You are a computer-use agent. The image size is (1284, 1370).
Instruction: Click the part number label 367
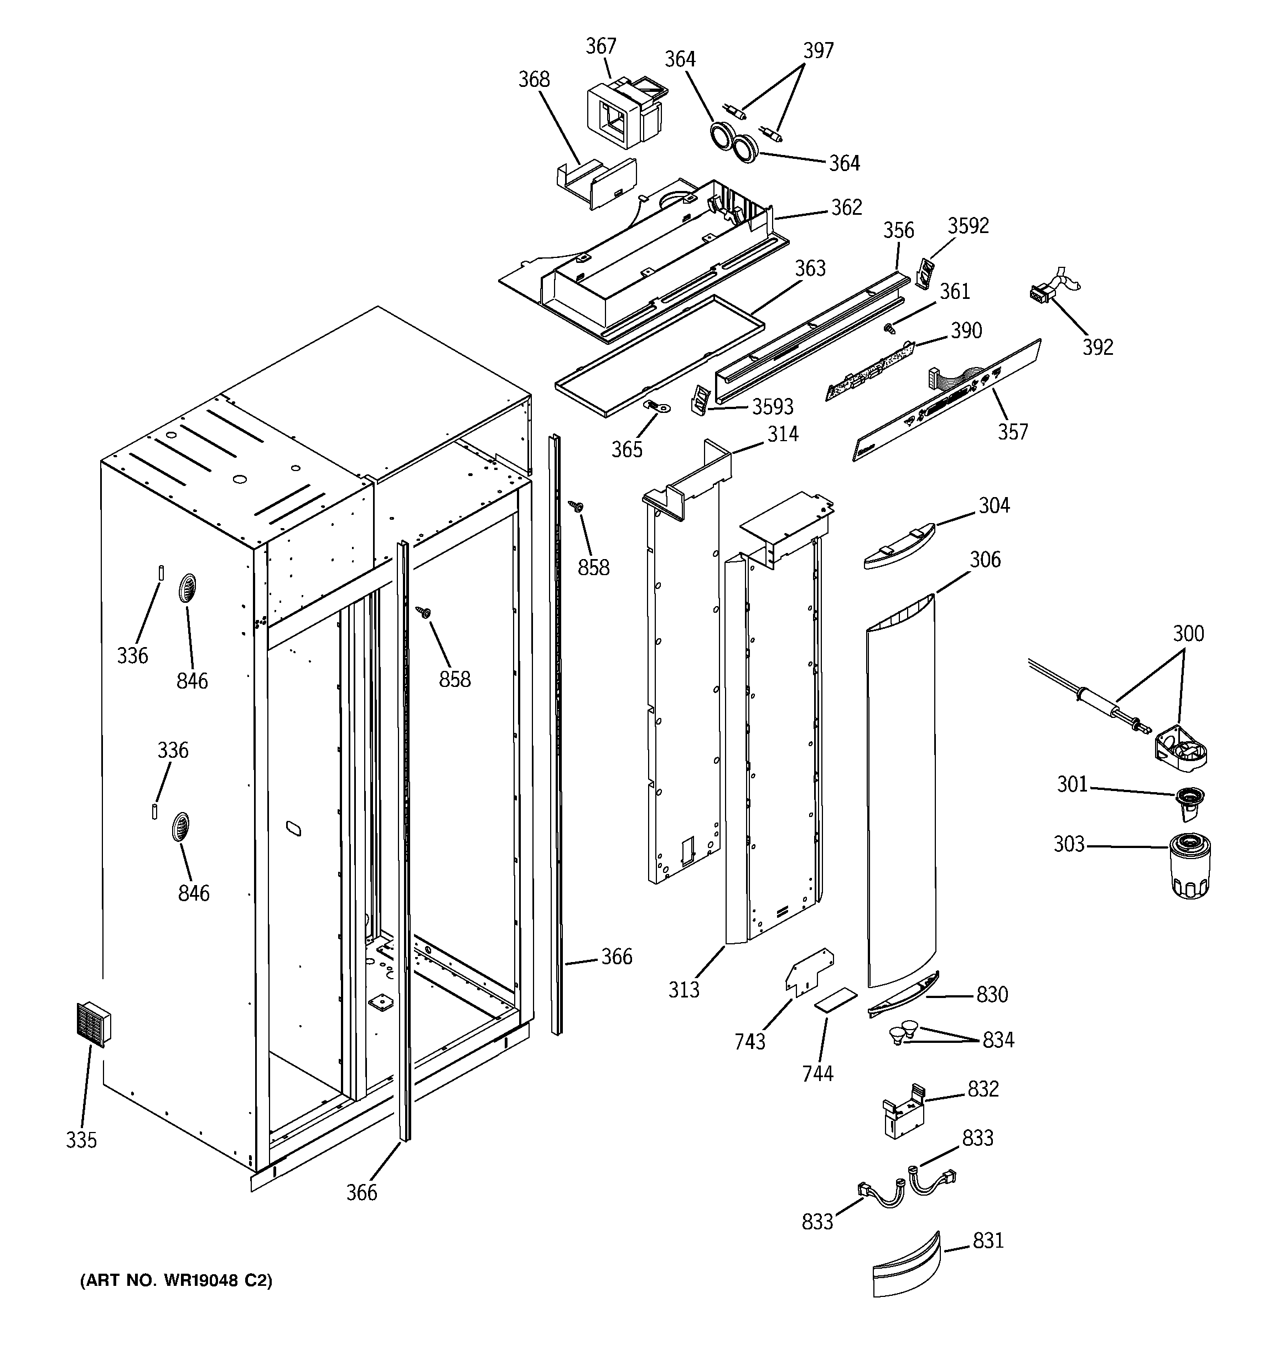click(600, 46)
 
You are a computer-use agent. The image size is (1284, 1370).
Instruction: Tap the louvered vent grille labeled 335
click(92, 1024)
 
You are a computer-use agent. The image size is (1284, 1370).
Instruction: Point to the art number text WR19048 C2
click(177, 1280)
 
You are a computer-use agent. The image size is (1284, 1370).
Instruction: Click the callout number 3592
click(967, 226)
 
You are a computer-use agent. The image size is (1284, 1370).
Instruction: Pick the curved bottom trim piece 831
click(905, 1266)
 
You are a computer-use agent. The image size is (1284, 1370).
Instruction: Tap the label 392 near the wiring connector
click(1097, 347)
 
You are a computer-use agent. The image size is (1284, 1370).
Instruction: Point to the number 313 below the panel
click(683, 990)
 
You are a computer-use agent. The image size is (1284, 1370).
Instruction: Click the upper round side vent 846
click(187, 589)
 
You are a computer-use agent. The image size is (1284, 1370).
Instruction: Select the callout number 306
click(985, 560)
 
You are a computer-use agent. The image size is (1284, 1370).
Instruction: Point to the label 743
click(750, 1041)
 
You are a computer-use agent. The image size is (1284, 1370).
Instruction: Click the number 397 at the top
click(818, 50)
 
